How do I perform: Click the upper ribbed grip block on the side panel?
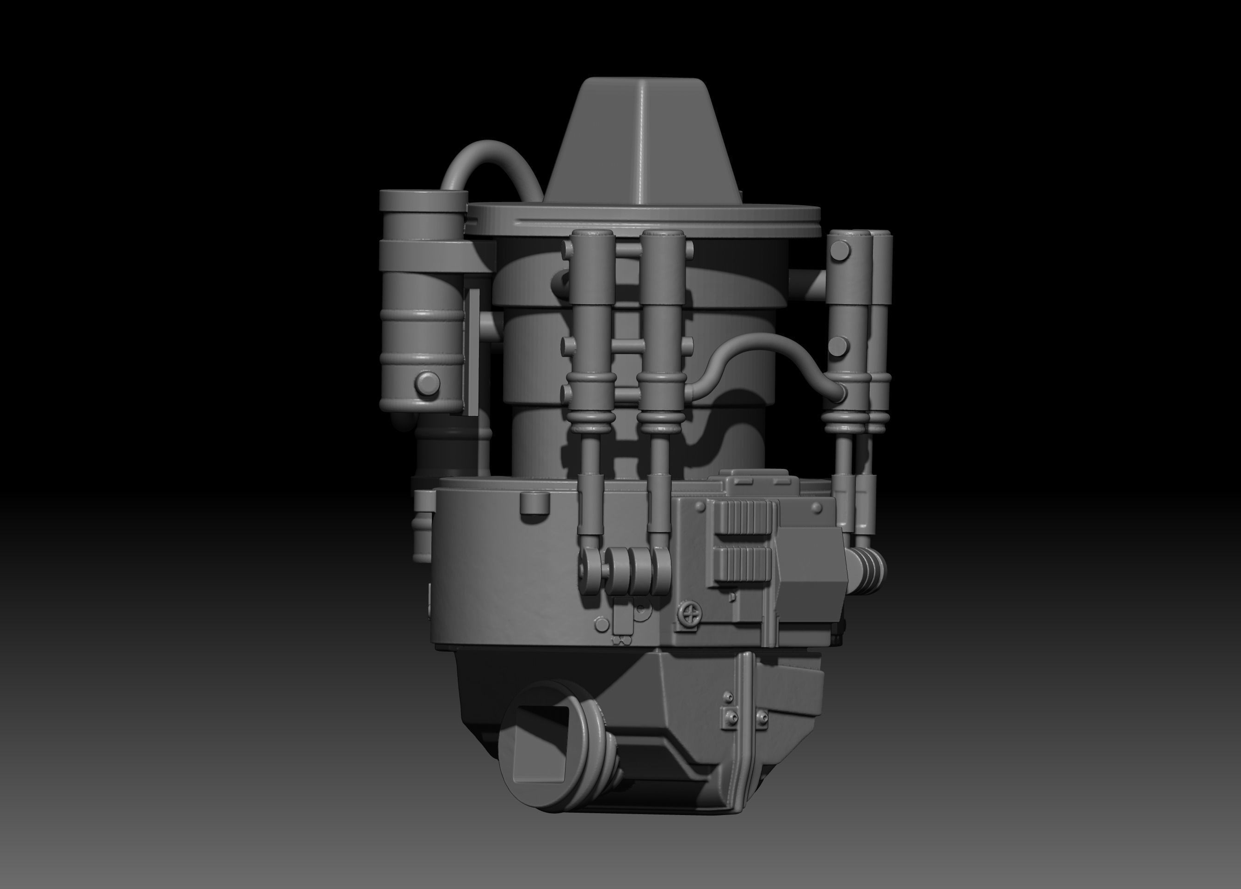pos(743,517)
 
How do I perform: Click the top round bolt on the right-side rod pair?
pos(840,250)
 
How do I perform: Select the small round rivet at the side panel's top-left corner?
pos(700,507)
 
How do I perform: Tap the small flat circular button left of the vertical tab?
pos(602,624)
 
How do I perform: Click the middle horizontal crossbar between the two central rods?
pos(627,345)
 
